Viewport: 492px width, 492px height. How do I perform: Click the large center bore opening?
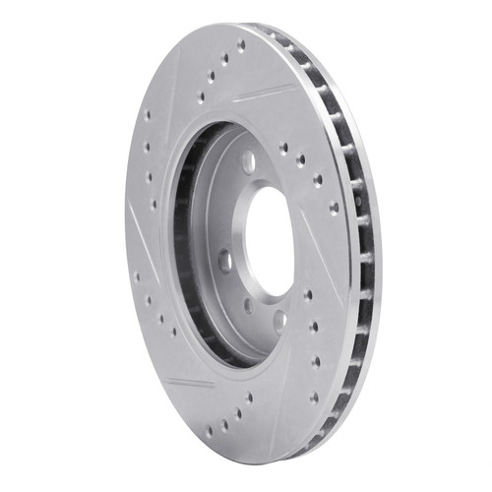pos(268,240)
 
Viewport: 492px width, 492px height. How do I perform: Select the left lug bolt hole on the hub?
pos(224,262)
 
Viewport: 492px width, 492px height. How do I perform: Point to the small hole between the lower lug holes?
pos(247,305)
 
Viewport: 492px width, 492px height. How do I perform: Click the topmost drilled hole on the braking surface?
pos(240,45)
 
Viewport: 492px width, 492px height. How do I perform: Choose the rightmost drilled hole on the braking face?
pos(335,209)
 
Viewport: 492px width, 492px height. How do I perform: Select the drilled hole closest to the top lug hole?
pos(283,148)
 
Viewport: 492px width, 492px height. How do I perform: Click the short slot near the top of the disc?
pos(263,93)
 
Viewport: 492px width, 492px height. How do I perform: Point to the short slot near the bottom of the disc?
pos(191,383)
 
